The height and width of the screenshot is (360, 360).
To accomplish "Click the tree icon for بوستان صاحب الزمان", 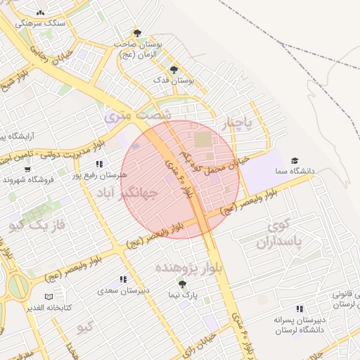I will (x=137, y=32).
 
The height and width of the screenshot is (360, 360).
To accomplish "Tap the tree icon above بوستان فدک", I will (x=174, y=69).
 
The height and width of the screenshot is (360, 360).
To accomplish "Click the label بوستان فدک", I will (x=174, y=80).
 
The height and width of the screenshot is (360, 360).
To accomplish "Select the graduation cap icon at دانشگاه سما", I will (x=295, y=160).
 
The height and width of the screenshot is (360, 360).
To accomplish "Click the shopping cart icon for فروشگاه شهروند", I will (x=27, y=169).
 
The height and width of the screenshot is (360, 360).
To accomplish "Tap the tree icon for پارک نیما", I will (x=182, y=284).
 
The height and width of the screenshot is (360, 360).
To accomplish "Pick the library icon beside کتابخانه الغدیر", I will (x=49, y=297).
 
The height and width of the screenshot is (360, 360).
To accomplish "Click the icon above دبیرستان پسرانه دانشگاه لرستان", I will (x=300, y=309).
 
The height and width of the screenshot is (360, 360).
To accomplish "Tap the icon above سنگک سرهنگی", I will (x=40, y=13).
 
